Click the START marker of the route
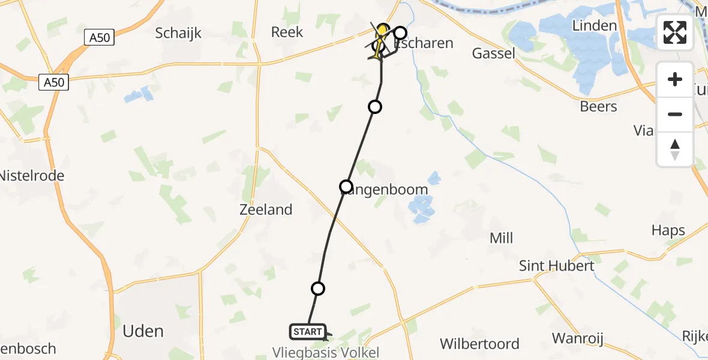(x=308, y=331)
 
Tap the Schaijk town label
(x=178, y=33)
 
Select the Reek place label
(x=287, y=32)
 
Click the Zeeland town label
(x=266, y=209)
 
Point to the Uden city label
(x=143, y=331)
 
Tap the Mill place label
(x=501, y=238)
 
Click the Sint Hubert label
(x=557, y=266)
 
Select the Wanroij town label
(x=577, y=338)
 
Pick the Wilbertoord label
(x=479, y=344)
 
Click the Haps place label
(x=668, y=230)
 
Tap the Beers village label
(x=598, y=106)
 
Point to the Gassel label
(x=494, y=53)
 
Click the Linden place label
(x=594, y=25)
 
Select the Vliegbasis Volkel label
(x=326, y=352)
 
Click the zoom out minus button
(x=675, y=114)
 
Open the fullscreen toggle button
(x=675, y=32)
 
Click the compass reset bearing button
(x=675, y=149)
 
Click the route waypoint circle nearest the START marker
(x=318, y=289)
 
